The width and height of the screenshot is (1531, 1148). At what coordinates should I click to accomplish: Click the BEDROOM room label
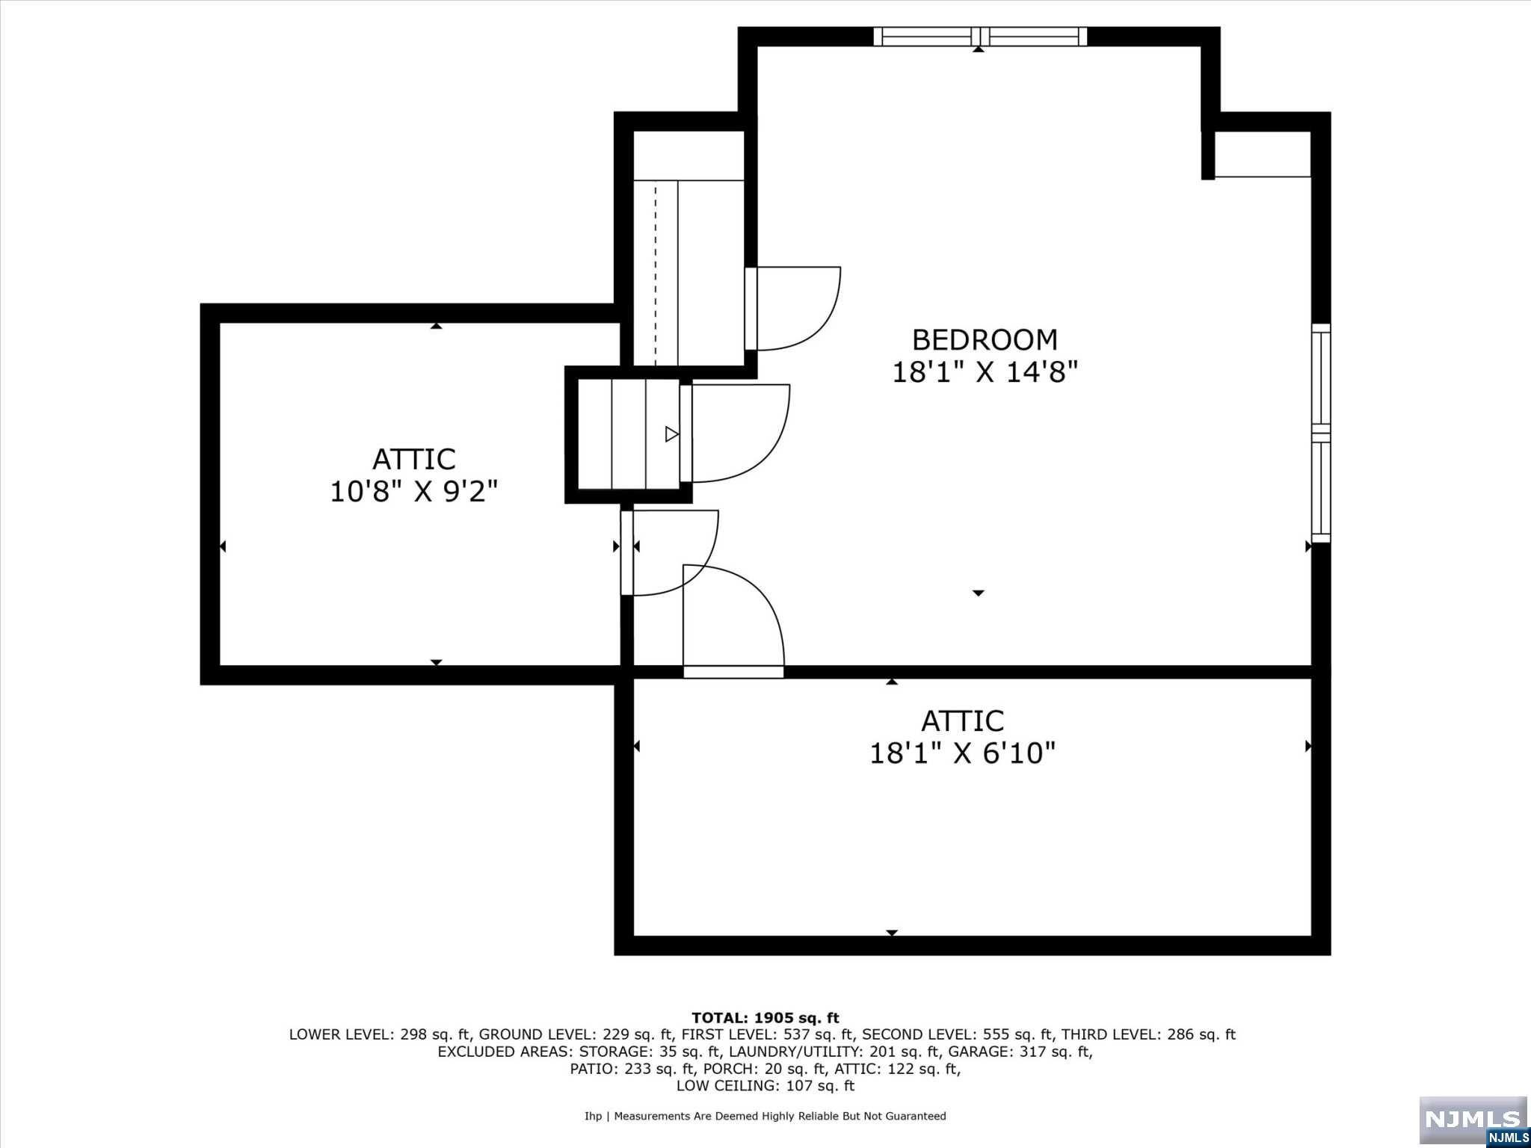point(985,340)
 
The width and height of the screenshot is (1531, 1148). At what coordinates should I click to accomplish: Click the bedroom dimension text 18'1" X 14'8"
point(985,372)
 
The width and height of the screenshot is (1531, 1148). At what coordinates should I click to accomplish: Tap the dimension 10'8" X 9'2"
point(413,492)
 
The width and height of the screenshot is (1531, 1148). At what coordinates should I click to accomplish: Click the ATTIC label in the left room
point(413,459)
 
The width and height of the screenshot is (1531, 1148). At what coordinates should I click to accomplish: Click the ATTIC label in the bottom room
point(962,721)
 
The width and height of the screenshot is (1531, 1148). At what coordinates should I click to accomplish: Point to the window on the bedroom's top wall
point(980,37)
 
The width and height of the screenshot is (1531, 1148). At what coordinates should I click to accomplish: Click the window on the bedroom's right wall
point(1321,433)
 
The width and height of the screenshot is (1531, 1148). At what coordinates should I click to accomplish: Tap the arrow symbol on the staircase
point(671,433)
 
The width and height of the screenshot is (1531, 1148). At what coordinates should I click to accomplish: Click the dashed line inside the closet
point(656,274)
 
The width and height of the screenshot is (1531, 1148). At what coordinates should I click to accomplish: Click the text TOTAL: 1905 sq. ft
point(765,1018)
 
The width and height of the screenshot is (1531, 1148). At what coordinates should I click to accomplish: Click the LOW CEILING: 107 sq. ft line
point(765,1086)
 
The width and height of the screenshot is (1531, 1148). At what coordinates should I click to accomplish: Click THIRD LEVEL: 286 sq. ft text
point(1148,1035)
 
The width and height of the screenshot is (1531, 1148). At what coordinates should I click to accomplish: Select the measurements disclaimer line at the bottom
point(765,1116)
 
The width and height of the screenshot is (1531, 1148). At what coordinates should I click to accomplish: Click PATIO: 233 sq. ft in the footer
point(632,1069)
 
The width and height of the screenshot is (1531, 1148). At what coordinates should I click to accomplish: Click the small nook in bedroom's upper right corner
point(1262,155)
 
